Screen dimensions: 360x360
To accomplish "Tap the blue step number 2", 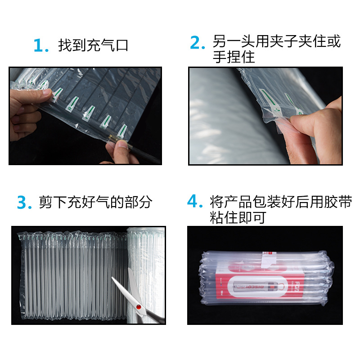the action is (197, 43).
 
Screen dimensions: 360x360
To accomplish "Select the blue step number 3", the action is (24, 202).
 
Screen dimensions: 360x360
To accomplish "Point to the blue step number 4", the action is (195, 201).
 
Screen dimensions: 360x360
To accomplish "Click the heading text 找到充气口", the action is (93, 45).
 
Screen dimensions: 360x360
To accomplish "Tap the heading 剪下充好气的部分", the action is (95, 202).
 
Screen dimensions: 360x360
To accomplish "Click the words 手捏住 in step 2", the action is (234, 57).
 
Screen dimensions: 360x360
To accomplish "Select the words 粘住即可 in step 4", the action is (238, 217).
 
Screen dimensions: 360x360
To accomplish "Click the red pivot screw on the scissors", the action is (139, 307).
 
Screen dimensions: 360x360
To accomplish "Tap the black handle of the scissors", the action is (154, 316).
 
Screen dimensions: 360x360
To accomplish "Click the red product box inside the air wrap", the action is (260, 284).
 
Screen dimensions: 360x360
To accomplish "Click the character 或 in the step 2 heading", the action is (333, 41).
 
